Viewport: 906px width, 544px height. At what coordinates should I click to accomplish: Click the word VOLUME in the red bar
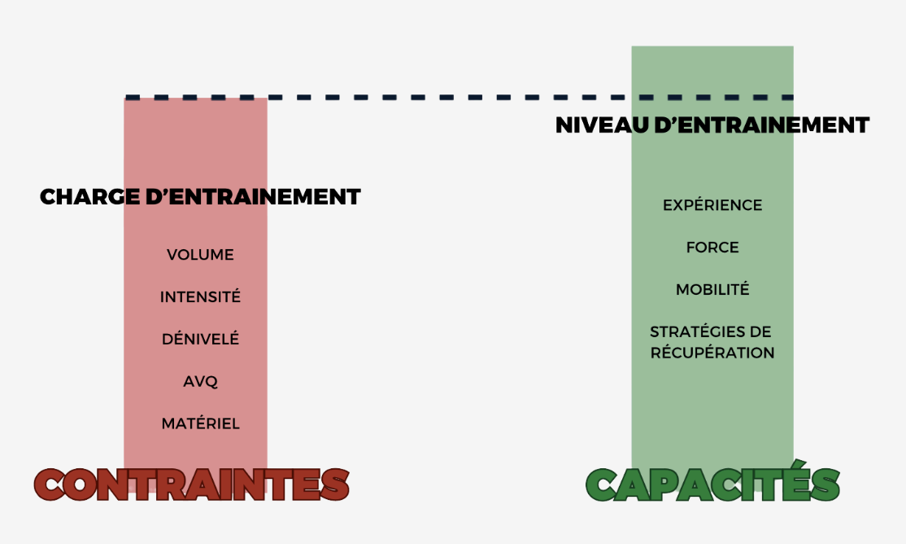pyautogui.click(x=200, y=255)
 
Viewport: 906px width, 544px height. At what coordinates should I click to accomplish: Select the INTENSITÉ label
pyautogui.click(x=200, y=297)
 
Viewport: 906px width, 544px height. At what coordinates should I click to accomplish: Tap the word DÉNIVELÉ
pyautogui.click(x=200, y=340)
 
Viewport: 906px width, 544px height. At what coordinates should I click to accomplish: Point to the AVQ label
pyautogui.click(x=200, y=381)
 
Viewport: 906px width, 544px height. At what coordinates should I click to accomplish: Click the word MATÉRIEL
pyautogui.click(x=200, y=423)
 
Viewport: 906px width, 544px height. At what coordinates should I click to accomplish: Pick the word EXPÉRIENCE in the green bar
pyautogui.click(x=712, y=205)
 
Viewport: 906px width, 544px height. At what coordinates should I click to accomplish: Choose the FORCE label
pyautogui.click(x=712, y=248)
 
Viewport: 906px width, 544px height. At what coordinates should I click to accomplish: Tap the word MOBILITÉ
pyautogui.click(x=712, y=290)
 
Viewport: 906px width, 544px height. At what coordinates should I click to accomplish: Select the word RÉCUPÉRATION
pyautogui.click(x=712, y=353)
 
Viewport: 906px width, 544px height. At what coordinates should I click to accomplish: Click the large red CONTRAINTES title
pyautogui.click(x=192, y=485)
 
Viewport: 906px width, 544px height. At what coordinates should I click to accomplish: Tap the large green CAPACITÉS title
pyautogui.click(x=712, y=485)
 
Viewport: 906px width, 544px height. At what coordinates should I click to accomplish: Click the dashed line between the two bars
pyautogui.click(x=447, y=98)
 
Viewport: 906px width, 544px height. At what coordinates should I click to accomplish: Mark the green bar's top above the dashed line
pyautogui.click(x=712, y=70)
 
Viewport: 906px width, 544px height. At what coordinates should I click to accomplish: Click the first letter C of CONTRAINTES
pyautogui.click(x=54, y=485)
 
